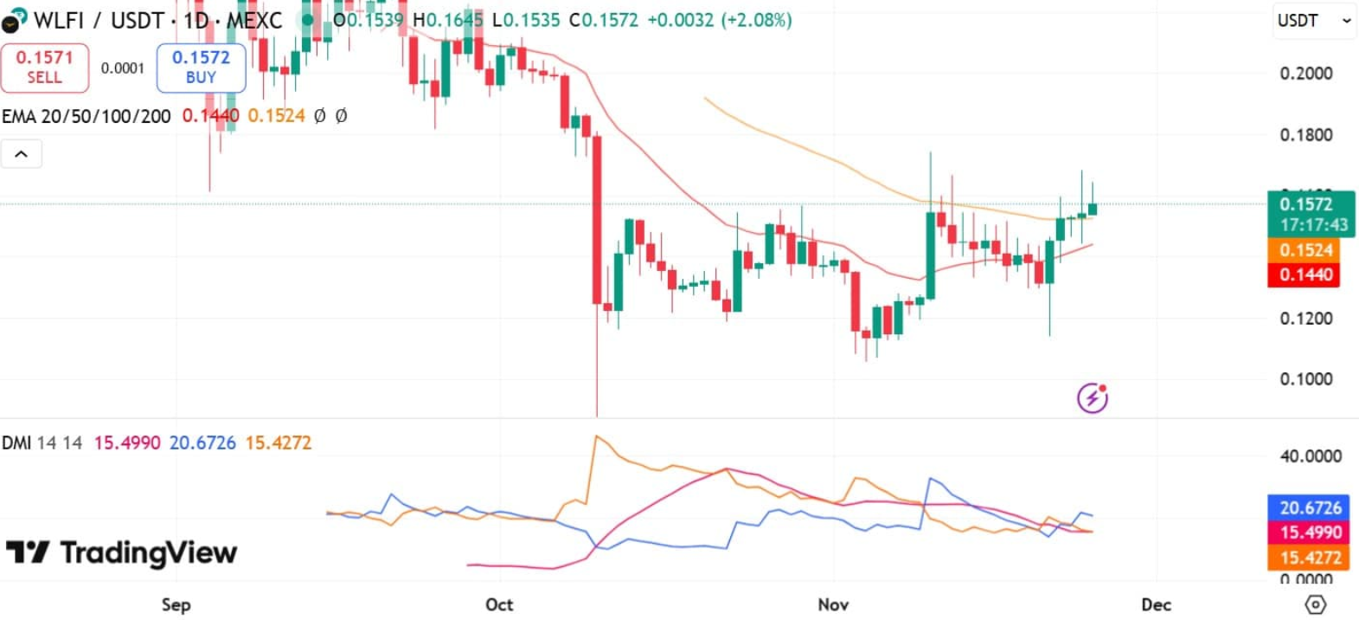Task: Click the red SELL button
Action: pyautogui.click(x=44, y=68)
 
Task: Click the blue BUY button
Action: pyautogui.click(x=201, y=68)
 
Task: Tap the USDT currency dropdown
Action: pyautogui.click(x=1313, y=21)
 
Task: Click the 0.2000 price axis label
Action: pyautogui.click(x=1305, y=74)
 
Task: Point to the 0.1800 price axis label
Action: pyautogui.click(x=1305, y=135)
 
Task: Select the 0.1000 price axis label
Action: pyautogui.click(x=1305, y=379)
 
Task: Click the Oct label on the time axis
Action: pyautogui.click(x=499, y=604)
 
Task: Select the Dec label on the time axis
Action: pyautogui.click(x=1156, y=604)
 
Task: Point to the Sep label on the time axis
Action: pyautogui.click(x=176, y=604)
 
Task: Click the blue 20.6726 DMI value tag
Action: pyautogui.click(x=1310, y=507)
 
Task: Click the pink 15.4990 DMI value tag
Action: pyautogui.click(x=1310, y=533)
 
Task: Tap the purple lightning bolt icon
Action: pyautogui.click(x=1092, y=397)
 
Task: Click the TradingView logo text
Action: pyautogui.click(x=148, y=552)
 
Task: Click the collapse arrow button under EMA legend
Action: pyautogui.click(x=22, y=154)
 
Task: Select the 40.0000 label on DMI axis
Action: pyautogui.click(x=1310, y=456)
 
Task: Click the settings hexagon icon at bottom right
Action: pyautogui.click(x=1315, y=604)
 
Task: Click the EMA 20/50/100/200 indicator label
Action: pyautogui.click(x=86, y=116)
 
